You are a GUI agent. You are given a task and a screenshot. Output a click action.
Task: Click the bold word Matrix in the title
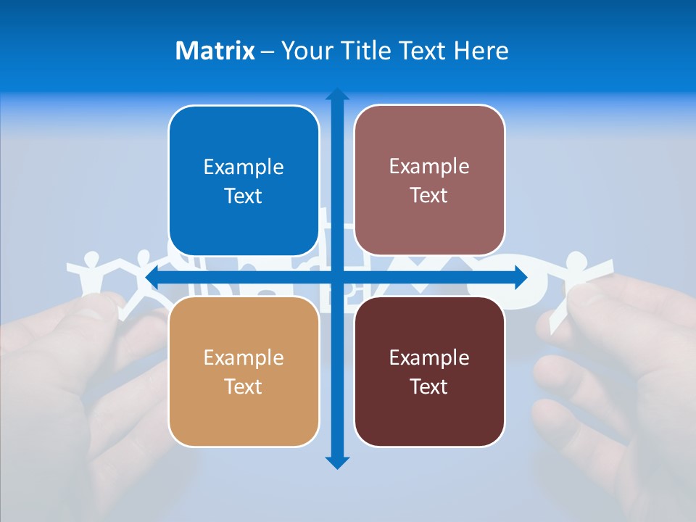click(215, 51)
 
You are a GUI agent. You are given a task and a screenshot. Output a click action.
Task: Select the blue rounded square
click(244, 181)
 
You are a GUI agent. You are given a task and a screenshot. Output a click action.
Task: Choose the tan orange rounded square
click(244, 371)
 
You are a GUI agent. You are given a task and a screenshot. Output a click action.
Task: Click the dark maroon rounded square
click(429, 371)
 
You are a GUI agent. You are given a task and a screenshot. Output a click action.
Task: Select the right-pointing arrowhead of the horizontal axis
click(520, 278)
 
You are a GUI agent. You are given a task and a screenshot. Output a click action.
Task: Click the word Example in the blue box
click(244, 167)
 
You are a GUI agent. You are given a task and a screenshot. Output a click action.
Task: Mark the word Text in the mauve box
click(429, 196)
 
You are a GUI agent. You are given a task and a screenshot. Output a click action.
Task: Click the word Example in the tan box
click(244, 357)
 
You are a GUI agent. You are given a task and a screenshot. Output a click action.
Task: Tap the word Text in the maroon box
click(429, 386)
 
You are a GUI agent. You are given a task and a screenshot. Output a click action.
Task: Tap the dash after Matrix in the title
click(268, 51)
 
